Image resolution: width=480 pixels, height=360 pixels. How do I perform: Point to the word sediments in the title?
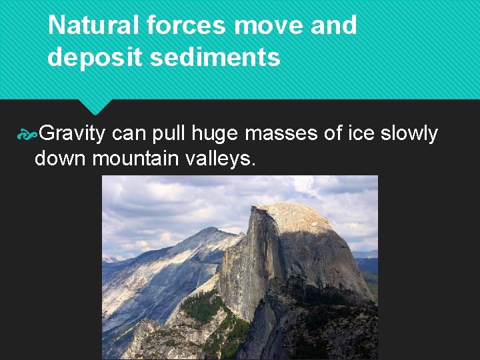[215, 57]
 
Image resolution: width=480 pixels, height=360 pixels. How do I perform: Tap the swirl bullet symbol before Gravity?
[27, 135]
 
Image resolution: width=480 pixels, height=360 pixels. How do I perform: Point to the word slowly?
[409, 134]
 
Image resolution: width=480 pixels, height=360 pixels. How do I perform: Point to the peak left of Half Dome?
[209, 231]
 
